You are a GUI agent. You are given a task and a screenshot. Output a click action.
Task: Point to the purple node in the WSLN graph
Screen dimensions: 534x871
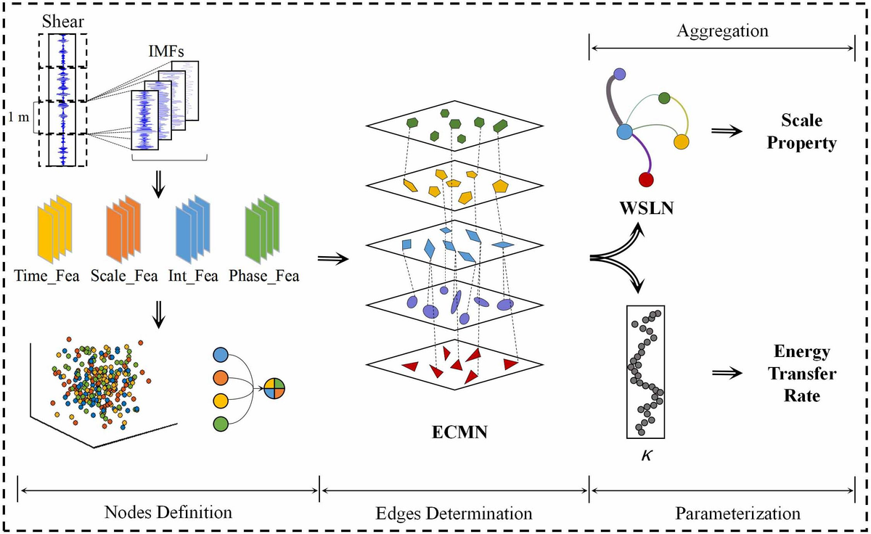point(619,73)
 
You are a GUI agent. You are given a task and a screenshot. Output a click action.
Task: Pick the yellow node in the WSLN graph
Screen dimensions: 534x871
point(681,141)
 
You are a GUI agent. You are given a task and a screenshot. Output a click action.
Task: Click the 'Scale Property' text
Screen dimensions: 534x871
point(803,131)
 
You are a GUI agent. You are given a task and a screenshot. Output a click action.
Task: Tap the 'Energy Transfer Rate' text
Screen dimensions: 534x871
point(801,374)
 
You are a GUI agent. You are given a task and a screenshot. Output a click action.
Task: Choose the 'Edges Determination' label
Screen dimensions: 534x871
point(455,513)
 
